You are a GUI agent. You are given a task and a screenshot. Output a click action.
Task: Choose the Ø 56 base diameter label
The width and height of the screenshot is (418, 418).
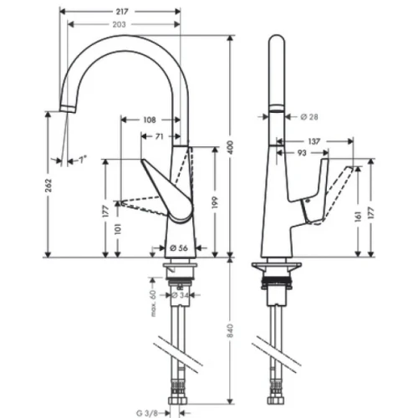(x=176, y=247)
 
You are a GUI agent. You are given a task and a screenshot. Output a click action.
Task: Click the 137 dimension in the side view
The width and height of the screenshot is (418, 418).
(x=314, y=141)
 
